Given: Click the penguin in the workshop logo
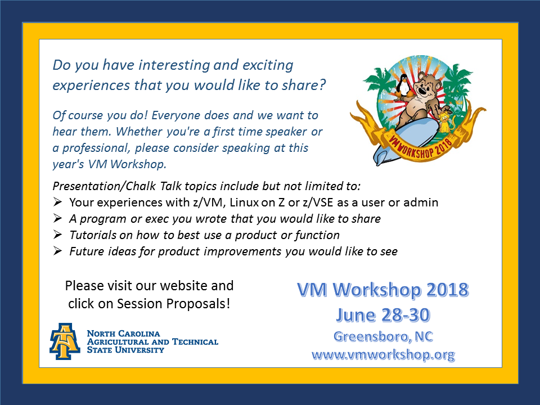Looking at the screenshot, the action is click(x=402, y=85).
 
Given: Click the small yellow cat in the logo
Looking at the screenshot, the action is click(x=446, y=120).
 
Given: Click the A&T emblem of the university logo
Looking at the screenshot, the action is click(x=65, y=341).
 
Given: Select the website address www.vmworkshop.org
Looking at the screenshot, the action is click(x=383, y=354).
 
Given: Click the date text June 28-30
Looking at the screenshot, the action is click(x=383, y=315).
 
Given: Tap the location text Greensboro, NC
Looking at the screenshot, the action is click(x=383, y=336).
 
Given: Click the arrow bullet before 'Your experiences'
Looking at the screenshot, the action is click(x=57, y=202).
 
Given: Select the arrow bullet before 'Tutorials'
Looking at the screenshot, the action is click(x=57, y=235).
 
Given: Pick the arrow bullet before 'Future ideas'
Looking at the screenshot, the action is click(x=57, y=251).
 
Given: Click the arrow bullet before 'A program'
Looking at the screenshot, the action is click(x=57, y=218).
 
